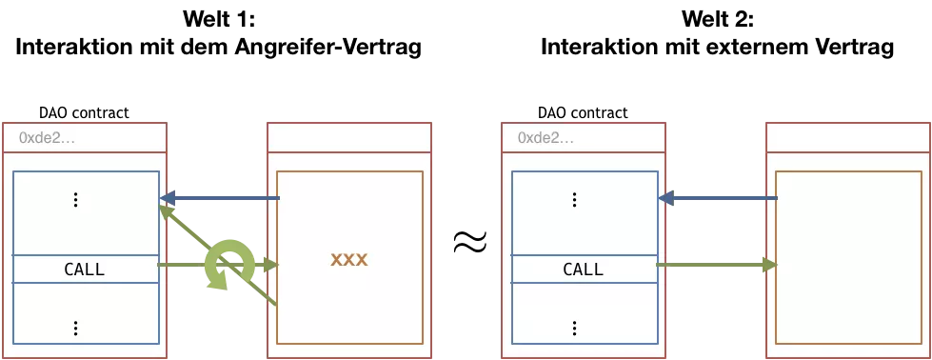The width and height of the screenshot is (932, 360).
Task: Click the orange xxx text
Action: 349,260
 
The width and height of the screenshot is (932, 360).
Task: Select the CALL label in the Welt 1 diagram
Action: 84,269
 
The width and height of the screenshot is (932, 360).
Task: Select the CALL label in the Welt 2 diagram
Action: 583,269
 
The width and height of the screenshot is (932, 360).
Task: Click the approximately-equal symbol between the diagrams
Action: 470,242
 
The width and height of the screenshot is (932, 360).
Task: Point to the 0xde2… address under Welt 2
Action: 546,138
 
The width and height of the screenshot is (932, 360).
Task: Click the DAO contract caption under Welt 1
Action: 84,112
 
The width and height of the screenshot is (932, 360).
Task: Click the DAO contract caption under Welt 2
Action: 583,112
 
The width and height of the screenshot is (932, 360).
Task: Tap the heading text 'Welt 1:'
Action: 219,19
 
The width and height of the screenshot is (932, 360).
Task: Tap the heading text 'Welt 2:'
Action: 718,19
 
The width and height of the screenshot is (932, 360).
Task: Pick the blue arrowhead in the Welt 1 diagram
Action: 168,197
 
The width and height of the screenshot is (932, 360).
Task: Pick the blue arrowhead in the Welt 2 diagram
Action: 666,197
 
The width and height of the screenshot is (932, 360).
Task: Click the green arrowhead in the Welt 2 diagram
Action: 770,265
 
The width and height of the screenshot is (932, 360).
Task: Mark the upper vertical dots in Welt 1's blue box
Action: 75,200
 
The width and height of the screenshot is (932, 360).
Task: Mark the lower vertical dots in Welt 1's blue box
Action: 75,328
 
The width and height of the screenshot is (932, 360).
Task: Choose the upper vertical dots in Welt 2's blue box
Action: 574,200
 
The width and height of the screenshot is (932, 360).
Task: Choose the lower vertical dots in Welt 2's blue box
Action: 574,328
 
